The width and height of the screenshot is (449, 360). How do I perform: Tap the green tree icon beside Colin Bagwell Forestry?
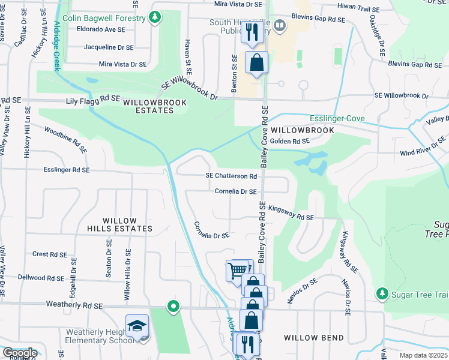click(155, 17)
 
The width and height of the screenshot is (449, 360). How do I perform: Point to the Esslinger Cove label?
click(337, 119)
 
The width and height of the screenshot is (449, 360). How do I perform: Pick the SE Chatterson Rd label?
click(231, 176)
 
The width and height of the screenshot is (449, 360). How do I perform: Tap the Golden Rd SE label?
click(289, 141)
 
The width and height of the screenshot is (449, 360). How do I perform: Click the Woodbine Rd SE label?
click(66, 139)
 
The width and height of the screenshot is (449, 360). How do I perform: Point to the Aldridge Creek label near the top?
click(57, 46)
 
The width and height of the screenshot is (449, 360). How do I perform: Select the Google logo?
click(20, 353)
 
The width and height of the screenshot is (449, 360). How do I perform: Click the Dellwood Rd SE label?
click(41, 278)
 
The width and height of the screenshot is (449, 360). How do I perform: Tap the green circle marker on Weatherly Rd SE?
click(173, 307)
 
